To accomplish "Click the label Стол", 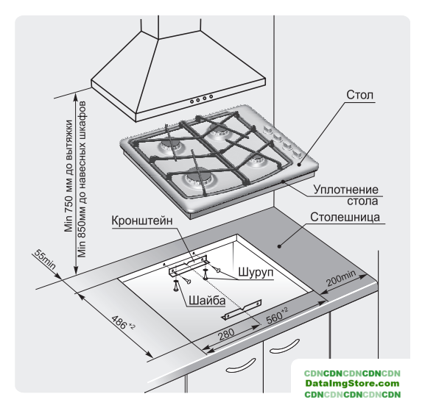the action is click(x=359, y=95).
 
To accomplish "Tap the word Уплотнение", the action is click(x=346, y=190).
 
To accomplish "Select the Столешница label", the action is click(x=345, y=217).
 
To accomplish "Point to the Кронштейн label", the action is click(x=142, y=221).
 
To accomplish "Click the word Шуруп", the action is click(x=256, y=272).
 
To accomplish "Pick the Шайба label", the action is click(x=207, y=301).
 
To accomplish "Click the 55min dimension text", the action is click(x=45, y=260).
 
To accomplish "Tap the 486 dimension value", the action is click(x=122, y=322).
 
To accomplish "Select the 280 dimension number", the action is click(x=226, y=334).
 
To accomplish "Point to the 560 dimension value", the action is click(x=277, y=316).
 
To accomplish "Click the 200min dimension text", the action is click(x=341, y=278).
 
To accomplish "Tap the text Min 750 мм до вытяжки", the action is click(x=69, y=176).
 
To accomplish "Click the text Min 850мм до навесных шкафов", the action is click(x=82, y=179).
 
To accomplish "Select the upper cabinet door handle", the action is click(x=284, y=346).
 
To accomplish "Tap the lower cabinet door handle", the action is click(x=241, y=365).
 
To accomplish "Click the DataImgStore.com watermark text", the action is click(x=352, y=384).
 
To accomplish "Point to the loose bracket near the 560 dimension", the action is click(x=242, y=309).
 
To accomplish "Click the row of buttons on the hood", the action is click(x=201, y=99).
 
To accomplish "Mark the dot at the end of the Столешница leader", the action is click(x=279, y=246).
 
